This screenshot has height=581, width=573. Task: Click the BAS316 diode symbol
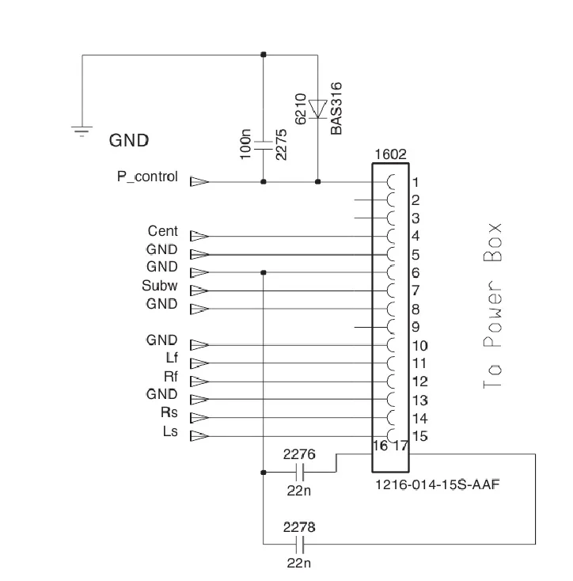[x=318, y=109]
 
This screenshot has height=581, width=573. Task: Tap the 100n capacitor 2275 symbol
[x=264, y=145]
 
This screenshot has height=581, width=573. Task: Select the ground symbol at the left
[x=82, y=131]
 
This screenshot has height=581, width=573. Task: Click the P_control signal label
[x=147, y=177]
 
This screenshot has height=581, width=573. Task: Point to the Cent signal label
[x=162, y=231]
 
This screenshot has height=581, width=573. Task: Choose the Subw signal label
[x=160, y=285]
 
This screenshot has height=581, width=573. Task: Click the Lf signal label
[x=172, y=358]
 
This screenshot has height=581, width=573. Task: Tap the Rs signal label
[x=169, y=412]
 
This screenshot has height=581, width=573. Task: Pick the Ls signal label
[x=170, y=431]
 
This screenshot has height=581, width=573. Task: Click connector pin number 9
[x=416, y=327]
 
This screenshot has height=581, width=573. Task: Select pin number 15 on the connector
[x=420, y=436]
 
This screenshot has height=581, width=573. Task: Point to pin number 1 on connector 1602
[x=416, y=182]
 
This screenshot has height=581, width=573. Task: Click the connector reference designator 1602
[x=390, y=154]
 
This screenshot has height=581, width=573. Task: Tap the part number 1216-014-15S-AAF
[x=438, y=484]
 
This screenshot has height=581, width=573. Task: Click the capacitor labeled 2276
[x=301, y=473]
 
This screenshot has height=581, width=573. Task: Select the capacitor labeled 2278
[x=301, y=545]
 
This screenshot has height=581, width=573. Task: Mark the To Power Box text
[x=492, y=306]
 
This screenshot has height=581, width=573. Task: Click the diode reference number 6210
[x=301, y=109]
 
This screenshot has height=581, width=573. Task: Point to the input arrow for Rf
[x=199, y=382]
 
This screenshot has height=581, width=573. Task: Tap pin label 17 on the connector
[x=400, y=446]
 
